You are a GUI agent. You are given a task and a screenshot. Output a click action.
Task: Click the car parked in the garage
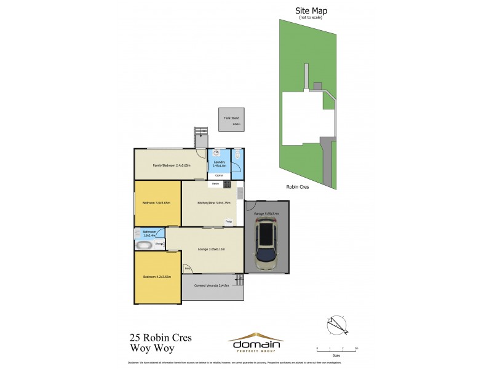(x=266, y=242)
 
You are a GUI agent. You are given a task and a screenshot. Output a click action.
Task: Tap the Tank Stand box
(x=230, y=120)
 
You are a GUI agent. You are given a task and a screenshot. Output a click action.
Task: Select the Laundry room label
(x=220, y=164)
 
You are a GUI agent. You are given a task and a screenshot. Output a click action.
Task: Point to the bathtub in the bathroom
(x=145, y=245)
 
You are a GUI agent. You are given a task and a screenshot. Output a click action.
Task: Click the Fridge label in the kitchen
(x=228, y=220)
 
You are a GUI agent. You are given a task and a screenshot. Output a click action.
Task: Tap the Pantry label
(x=215, y=184)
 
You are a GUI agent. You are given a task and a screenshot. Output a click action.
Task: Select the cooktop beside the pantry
(x=227, y=184)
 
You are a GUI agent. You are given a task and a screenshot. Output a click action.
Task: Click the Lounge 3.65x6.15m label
(x=211, y=249)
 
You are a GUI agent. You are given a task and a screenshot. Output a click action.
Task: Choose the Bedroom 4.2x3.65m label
(x=157, y=277)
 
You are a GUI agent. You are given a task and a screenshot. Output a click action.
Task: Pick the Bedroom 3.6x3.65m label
(x=156, y=203)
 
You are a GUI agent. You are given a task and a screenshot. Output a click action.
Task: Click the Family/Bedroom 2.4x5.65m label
(x=172, y=165)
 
